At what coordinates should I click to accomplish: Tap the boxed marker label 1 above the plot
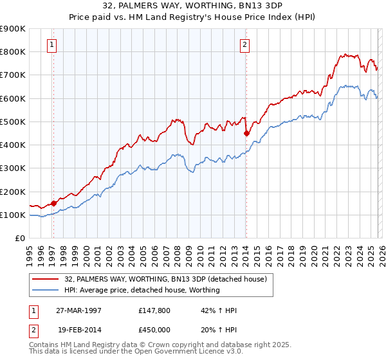click(51, 44)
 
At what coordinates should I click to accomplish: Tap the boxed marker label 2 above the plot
click(245, 44)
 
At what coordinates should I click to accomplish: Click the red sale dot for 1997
click(54, 203)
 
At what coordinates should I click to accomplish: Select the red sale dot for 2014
click(246, 134)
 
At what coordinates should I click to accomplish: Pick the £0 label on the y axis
click(19, 239)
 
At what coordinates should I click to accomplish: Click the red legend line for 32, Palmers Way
click(46, 279)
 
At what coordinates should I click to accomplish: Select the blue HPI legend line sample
click(46, 291)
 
